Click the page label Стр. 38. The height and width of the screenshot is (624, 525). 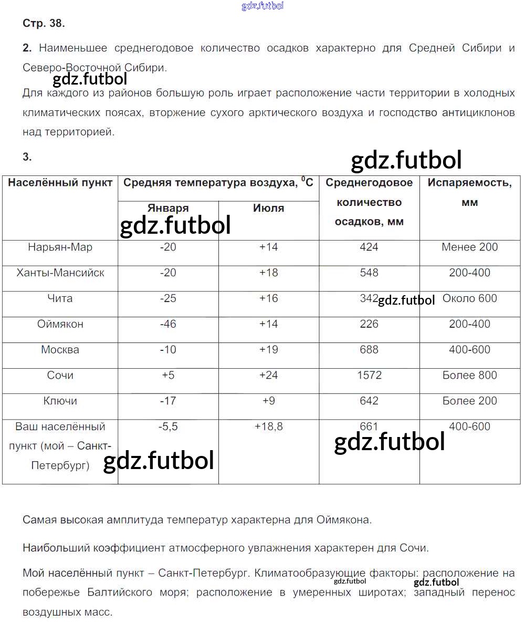click(x=44, y=24)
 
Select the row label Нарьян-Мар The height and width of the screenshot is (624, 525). click(x=60, y=247)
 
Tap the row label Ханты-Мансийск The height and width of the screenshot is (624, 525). click(x=60, y=273)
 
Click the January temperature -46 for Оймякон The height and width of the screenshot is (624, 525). click(x=168, y=324)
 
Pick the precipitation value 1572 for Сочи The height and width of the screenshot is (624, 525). click(x=369, y=376)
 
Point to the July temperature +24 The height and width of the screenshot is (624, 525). click(x=268, y=376)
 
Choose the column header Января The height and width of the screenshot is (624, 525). click(x=168, y=209)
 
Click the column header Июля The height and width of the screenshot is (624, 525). click(x=268, y=209)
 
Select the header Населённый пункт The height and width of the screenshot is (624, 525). click(x=60, y=183)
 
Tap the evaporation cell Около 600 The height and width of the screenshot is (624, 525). click(x=470, y=298)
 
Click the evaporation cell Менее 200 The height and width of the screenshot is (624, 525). click(x=470, y=247)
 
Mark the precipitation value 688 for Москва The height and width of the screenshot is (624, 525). click(x=369, y=350)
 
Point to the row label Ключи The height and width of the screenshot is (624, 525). click(x=60, y=401)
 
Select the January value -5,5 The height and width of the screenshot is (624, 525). click(x=168, y=427)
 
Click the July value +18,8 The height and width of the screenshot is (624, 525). click(x=268, y=427)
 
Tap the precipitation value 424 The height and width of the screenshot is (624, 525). click(x=369, y=247)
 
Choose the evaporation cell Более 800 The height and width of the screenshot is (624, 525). click(x=470, y=376)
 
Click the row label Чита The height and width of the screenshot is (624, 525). click(x=60, y=298)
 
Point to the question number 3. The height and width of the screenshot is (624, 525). click(x=27, y=157)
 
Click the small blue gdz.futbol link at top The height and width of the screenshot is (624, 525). click(x=262, y=6)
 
